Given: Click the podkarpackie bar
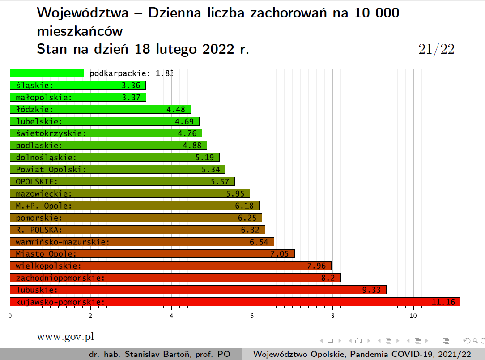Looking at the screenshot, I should [x=47, y=73].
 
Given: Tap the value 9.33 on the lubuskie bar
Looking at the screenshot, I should [x=371, y=290].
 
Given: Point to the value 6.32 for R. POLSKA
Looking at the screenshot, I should [x=250, y=230].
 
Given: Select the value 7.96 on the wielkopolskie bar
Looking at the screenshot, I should [x=316, y=266].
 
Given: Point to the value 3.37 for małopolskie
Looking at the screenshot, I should [x=131, y=97].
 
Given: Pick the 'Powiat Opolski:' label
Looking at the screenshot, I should [x=51, y=170].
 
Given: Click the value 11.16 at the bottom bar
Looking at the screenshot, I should [x=443, y=302].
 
